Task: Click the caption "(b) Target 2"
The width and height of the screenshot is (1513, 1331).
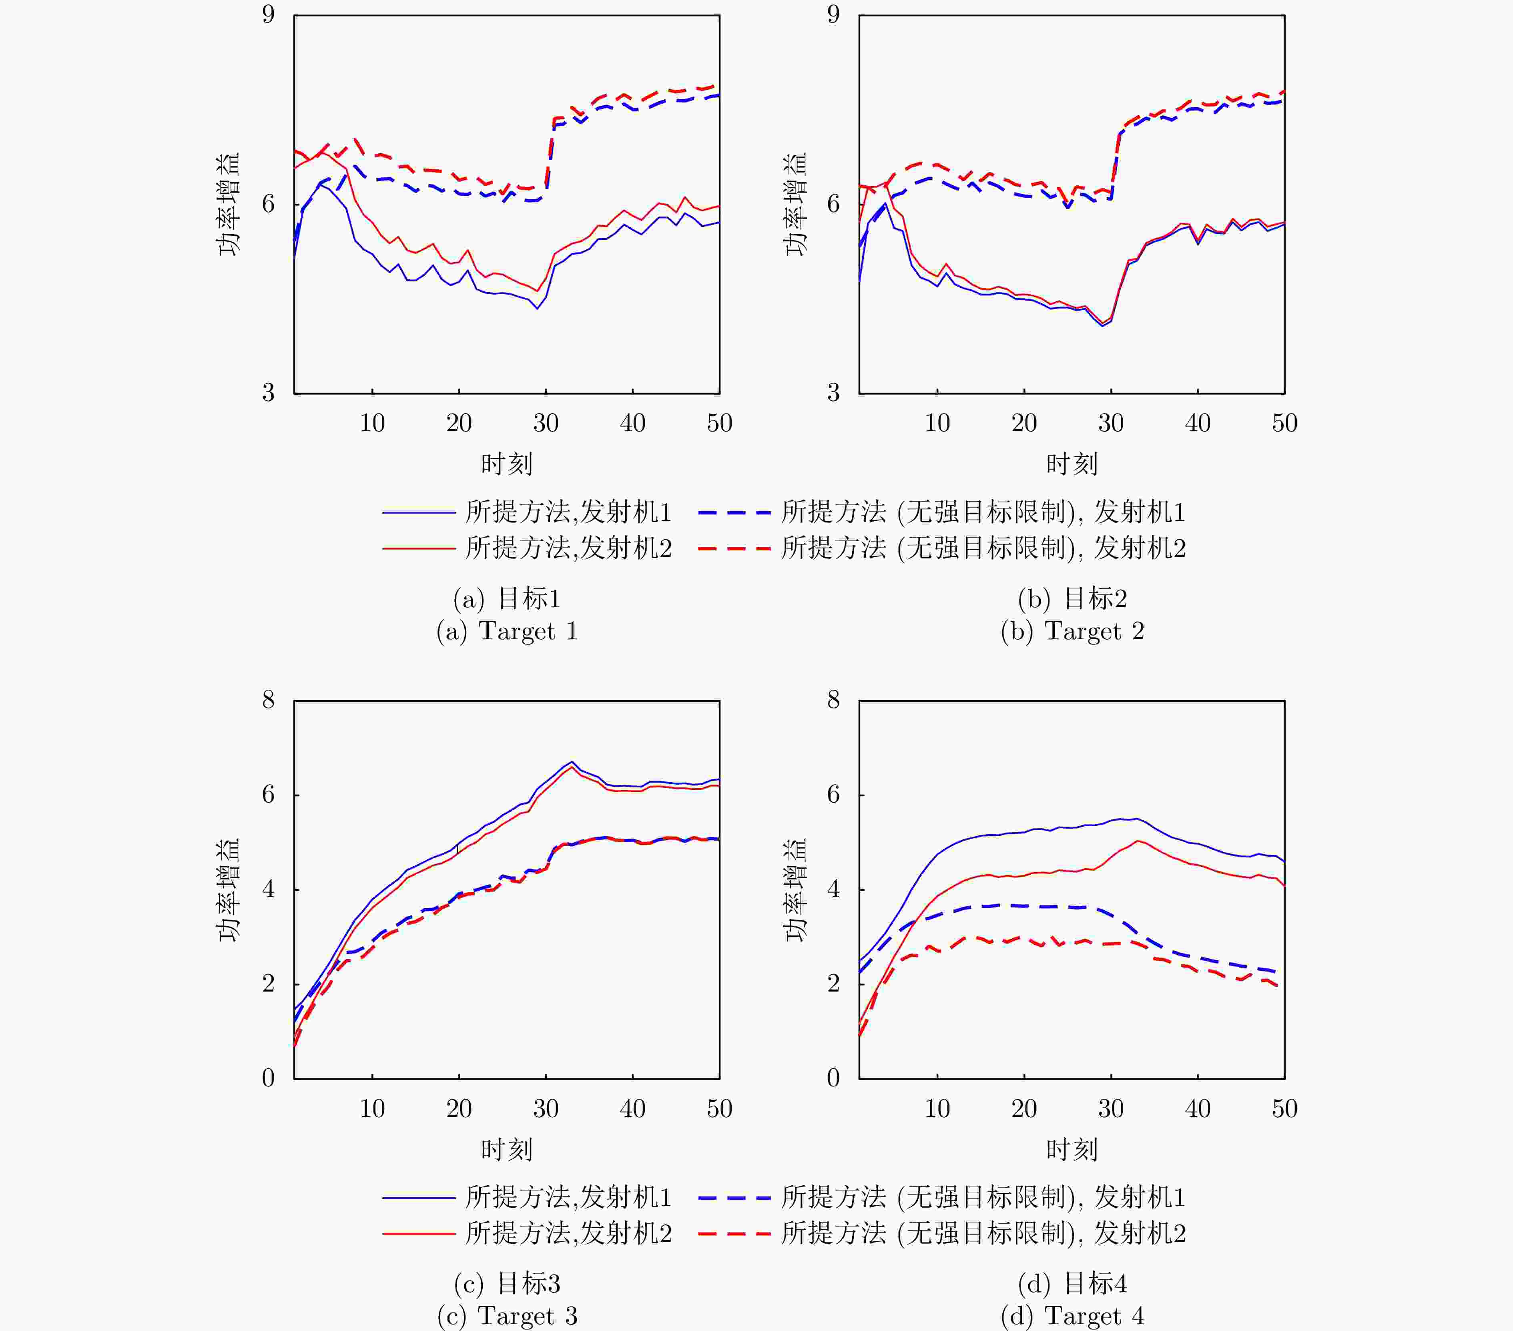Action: pos(1072,631)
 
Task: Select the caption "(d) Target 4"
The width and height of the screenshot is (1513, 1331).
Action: pos(1072,1315)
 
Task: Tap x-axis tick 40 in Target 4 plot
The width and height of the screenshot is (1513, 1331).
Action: pos(1198,1108)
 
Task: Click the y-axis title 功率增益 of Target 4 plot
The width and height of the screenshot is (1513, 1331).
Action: pos(796,889)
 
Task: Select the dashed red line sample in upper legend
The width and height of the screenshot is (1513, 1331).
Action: pos(734,548)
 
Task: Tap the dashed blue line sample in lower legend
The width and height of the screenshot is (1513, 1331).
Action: pos(734,1197)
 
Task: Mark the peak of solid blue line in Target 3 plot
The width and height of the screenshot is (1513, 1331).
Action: pos(572,762)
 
